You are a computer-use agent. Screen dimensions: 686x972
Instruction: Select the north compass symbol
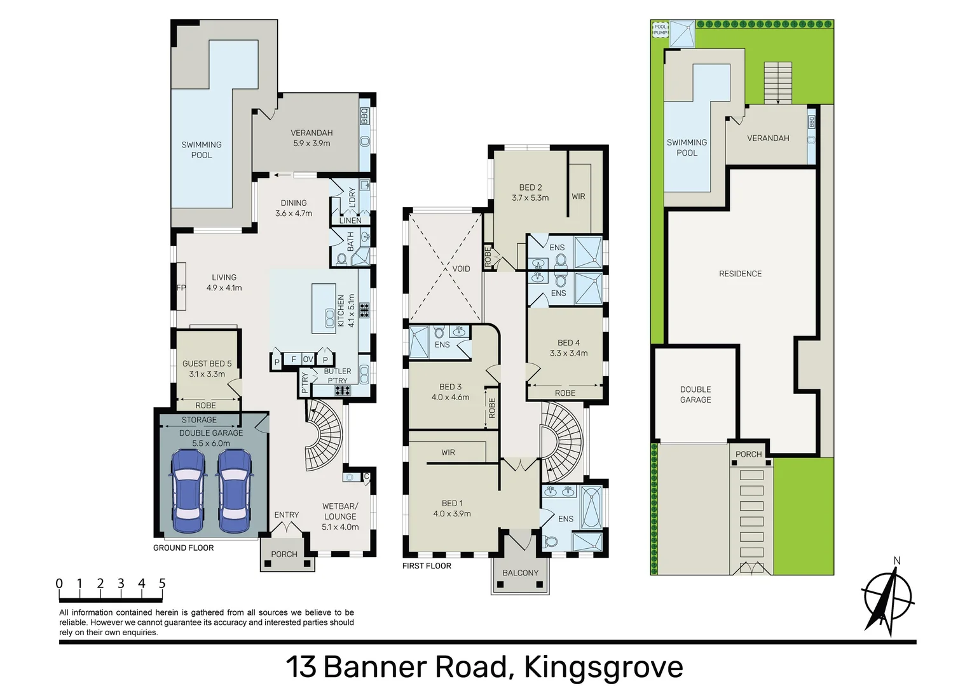pos(888,597)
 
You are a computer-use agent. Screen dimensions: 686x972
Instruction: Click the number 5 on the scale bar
pos(162,583)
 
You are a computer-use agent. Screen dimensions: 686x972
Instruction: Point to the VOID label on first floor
pos(461,269)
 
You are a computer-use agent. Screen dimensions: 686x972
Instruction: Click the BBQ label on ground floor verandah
pos(365,116)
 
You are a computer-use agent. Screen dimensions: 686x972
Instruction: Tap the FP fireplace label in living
pos(181,288)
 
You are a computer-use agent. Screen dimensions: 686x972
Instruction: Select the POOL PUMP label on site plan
pos(661,29)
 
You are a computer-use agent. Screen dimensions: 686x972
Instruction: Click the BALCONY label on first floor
pos(520,573)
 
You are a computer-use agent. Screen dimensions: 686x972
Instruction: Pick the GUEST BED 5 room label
pos(207,368)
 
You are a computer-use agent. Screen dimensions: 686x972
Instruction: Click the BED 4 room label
pos(568,347)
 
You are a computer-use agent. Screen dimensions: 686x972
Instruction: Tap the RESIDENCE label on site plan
pos(740,274)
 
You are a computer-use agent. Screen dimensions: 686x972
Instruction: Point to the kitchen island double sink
pos(330,318)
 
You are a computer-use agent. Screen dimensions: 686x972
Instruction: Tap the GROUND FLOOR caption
pos(183,548)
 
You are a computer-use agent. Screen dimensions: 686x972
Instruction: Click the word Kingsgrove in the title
pos(603,667)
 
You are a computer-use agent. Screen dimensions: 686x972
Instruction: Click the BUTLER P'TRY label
pos(337,376)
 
